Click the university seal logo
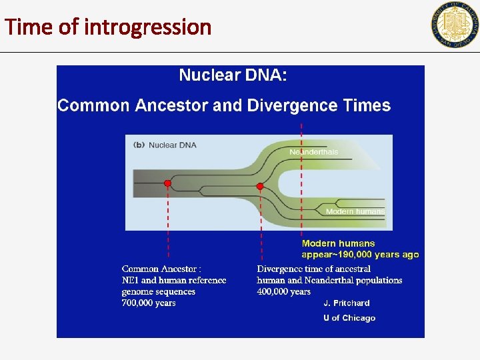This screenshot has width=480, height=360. tap(455, 25)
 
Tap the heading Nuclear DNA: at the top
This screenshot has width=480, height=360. tap(233, 75)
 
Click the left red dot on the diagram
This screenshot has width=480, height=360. tap(167, 183)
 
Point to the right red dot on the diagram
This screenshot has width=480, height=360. tap(261, 187)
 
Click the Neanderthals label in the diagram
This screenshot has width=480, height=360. tap(314, 152)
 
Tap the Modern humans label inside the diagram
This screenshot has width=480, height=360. tap(355, 211)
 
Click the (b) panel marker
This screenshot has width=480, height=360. tap(139, 144)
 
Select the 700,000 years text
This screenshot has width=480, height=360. tap(149, 303)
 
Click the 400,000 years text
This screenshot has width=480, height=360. tap(284, 291)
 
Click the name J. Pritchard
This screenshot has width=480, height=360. tap(347, 303)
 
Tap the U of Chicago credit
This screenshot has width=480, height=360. tap(349, 318)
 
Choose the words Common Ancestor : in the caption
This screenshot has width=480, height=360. tap(161, 269)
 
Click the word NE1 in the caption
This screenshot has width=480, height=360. tap(130, 280)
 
